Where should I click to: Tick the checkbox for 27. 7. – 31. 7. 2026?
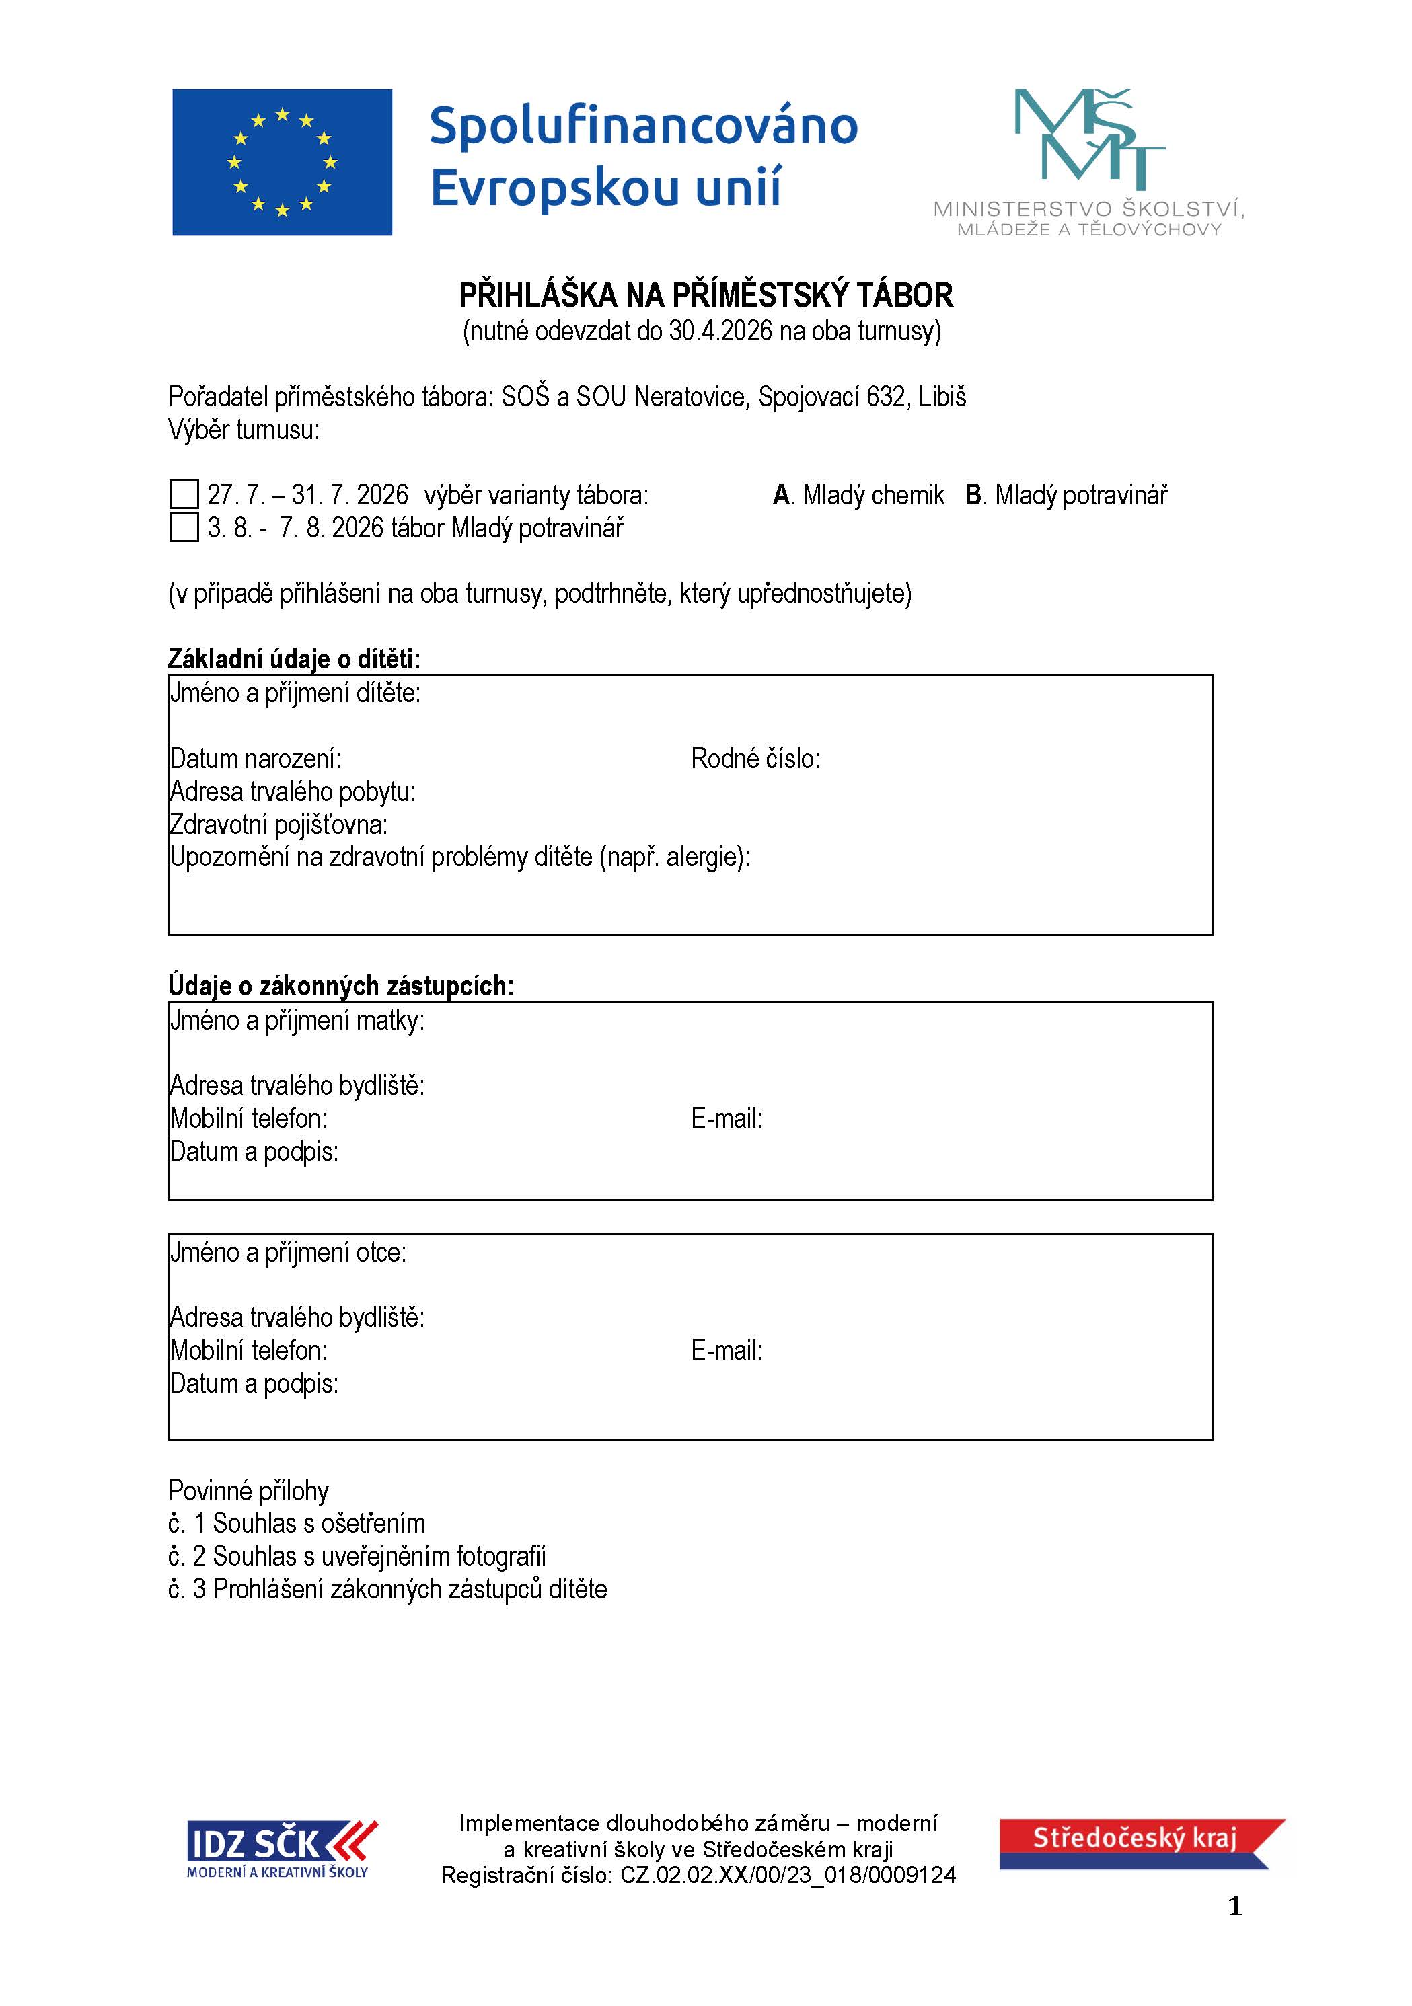point(184,494)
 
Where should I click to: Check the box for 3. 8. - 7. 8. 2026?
point(184,528)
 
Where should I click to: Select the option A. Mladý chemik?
point(858,496)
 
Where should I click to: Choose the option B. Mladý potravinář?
point(1066,496)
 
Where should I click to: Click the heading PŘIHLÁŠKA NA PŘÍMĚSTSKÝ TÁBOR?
point(706,295)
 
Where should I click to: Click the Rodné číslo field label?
point(755,759)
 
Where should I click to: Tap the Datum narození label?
point(255,759)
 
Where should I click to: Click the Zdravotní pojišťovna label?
point(278,824)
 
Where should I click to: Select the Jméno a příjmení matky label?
point(297,1020)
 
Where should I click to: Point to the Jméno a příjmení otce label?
point(289,1253)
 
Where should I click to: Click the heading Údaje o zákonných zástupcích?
point(341,986)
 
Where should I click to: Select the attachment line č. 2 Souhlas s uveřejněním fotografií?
point(357,1556)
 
